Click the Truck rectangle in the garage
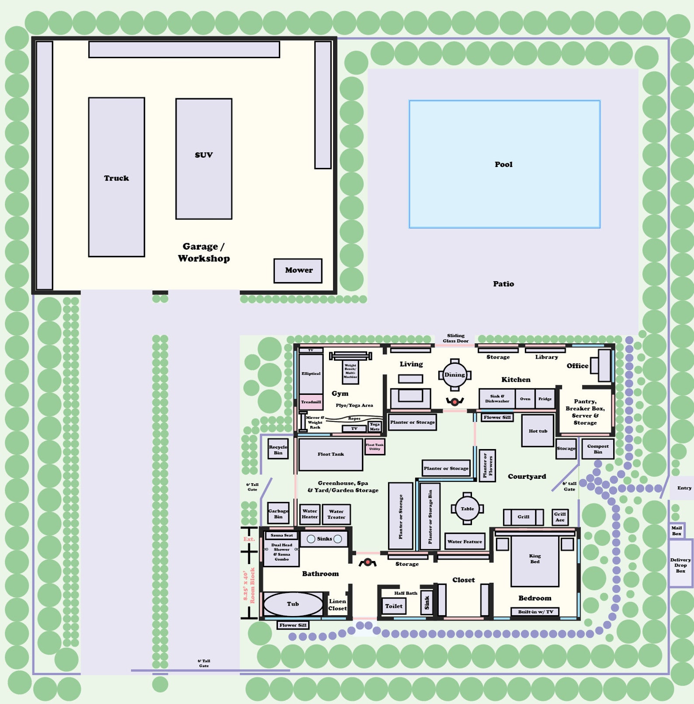[116, 177]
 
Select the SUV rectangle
[204, 159]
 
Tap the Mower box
[298, 271]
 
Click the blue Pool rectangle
[504, 164]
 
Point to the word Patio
[503, 284]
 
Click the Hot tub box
[538, 431]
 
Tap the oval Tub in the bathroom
[293, 604]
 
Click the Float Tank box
[330, 454]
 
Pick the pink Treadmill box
[311, 402]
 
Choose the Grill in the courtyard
[523, 517]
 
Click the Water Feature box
[465, 541]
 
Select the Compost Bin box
[597, 449]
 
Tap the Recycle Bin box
[278, 449]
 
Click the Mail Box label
[677, 531]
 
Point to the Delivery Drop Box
[680, 565]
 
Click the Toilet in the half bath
[393, 606]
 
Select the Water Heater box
[309, 514]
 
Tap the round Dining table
[455, 375]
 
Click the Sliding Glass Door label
[455, 338]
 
